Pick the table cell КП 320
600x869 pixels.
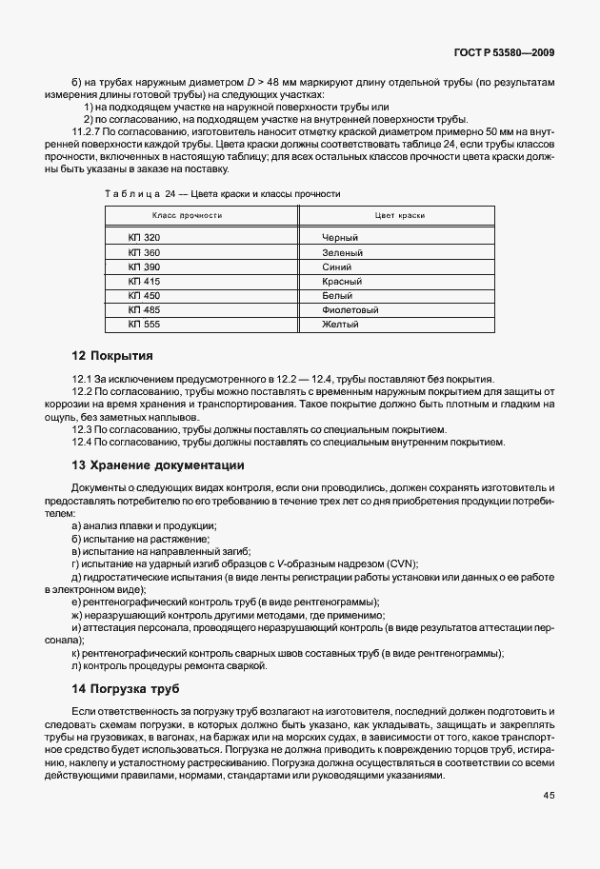pyautogui.click(x=145, y=236)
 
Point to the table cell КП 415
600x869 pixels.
pyautogui.click(x=145, y=282)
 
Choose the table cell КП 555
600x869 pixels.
pyautogui.click(x=145, y=325)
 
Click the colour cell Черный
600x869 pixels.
pyautogui.click(x=342, y=236)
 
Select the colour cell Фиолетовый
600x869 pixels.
pyautogui.click(x=351, y=310)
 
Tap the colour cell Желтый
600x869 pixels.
pyautogui.click(x=342, y=325)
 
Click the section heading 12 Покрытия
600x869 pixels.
pyautogui.click(x=112, y=356)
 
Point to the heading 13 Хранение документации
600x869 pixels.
pyautogui.click(x=158, y=465)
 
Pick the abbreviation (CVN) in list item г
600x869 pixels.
pyautogui.click(x=399, y=563)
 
